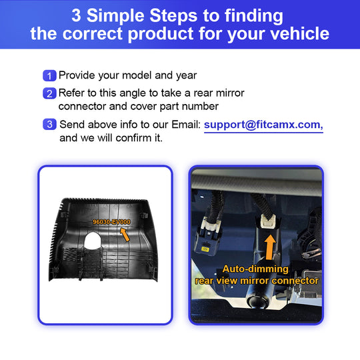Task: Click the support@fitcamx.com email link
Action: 263,125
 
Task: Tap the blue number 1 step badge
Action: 49,75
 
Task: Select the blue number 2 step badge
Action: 49,93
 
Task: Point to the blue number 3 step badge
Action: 49,124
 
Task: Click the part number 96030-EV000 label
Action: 111,222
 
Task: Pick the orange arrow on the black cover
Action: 125,235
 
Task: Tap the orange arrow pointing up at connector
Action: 270,247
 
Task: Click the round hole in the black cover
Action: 93,241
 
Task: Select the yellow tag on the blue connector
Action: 205,249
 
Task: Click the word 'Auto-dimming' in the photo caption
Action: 255,269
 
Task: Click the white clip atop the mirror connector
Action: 267,221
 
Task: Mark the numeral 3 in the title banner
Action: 76,15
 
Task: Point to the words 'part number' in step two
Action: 189,107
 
